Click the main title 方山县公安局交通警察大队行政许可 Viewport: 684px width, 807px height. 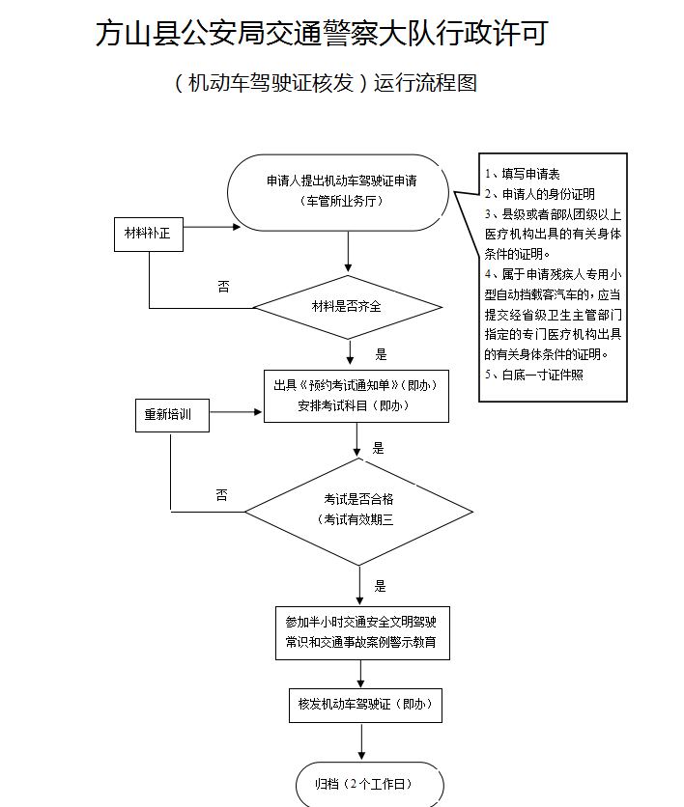(322, 34)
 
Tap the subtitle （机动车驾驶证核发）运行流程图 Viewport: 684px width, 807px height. (326, 83)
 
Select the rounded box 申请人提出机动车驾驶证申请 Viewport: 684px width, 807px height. (341, 191)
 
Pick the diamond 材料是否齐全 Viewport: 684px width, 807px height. (347, 307)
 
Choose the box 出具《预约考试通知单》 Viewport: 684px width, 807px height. (356, 395)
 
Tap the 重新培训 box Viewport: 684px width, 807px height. (169, 415)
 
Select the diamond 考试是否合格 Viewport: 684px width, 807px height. (358, 510)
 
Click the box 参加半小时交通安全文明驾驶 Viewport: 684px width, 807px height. (361, 631)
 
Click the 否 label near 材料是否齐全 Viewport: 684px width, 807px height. (223, 287)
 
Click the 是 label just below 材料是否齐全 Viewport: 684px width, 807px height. (381, 354)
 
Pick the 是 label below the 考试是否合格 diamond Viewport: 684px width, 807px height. (380, 586)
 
